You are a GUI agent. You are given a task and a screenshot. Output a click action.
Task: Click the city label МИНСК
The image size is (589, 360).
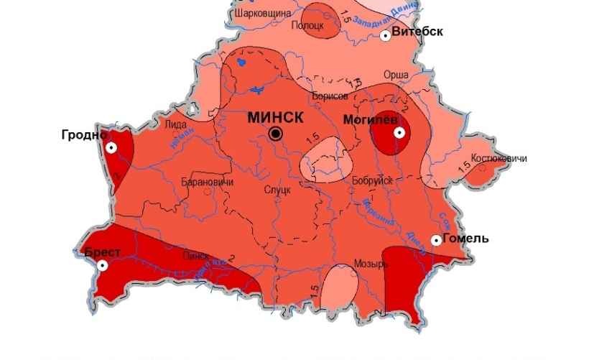(x=276, y=118)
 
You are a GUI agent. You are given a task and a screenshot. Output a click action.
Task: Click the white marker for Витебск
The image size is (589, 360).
(x=386, y=35)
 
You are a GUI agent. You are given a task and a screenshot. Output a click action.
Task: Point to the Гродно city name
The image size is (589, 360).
(x=84, y=134)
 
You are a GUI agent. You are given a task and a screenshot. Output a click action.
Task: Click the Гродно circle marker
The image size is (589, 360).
(x=111, y=147)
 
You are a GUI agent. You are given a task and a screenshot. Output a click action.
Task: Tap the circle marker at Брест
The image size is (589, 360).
(x=103, y=265)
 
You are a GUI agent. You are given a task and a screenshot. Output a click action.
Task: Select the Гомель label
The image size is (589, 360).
(x=466, y=239)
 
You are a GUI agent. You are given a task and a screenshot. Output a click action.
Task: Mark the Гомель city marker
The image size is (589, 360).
(x=436, y=240)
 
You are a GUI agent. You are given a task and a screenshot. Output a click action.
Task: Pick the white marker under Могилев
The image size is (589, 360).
(x=398, y=133)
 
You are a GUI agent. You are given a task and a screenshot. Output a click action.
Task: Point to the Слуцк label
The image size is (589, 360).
(x=277, y=189)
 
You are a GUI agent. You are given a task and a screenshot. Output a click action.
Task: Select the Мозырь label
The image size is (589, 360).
(x=371, y=264)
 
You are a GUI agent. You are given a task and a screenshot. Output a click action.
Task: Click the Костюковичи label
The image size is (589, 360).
(x=498, y=158)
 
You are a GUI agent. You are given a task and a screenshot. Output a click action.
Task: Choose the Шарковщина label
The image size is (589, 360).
(x=262, y=13)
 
